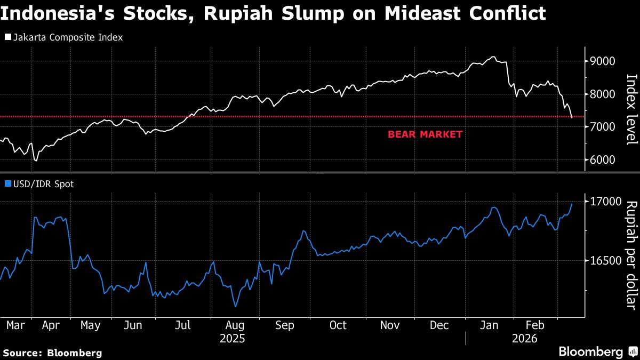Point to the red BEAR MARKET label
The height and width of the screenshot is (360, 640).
425,134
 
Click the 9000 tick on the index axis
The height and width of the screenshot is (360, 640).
602,61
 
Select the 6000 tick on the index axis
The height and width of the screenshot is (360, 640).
602,160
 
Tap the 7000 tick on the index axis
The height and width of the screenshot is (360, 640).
602,127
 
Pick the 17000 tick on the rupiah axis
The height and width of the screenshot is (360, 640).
605,202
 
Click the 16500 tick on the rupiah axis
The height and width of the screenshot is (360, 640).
605,261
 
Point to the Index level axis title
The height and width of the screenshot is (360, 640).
631,109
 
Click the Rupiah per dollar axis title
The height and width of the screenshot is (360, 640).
631,255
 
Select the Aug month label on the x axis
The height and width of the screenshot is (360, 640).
235,325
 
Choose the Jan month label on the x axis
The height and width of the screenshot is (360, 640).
490,325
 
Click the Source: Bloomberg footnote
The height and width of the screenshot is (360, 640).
52,353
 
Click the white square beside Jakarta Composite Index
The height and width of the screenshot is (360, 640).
7,38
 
